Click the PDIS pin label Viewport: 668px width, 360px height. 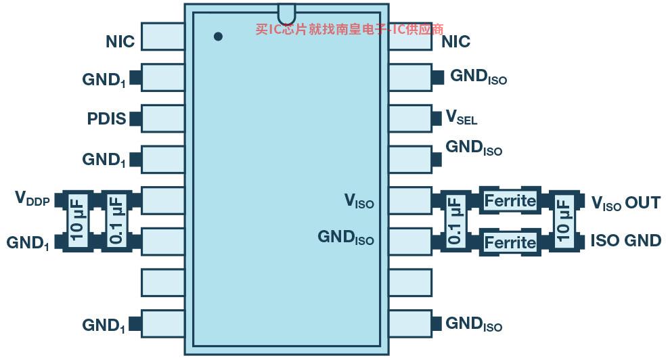click(106, 118)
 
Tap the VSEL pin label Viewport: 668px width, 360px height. click(461, 118)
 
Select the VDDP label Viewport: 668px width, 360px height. click(32, 199)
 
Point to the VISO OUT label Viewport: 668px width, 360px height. click(625, 202)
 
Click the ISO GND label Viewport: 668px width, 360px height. click(625, 240)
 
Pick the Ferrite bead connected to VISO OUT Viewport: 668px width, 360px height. click(510, 200)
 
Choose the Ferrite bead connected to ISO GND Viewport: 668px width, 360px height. click(510, 242)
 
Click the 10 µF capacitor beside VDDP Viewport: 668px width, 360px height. click(76, 220)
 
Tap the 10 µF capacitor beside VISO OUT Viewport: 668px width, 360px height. click(563, 221)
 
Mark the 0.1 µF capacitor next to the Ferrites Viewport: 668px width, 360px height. click(455, 221)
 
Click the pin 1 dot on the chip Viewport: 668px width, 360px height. click(218, 37)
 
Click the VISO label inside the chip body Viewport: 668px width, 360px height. click(359, 201)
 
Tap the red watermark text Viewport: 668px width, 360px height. click(349, 29)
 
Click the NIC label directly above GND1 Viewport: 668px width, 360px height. click(120, 41)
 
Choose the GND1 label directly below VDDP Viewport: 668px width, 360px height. click(28, 242)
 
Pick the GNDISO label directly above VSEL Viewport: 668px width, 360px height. click(478, 76)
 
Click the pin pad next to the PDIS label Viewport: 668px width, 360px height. click(163, 118)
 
